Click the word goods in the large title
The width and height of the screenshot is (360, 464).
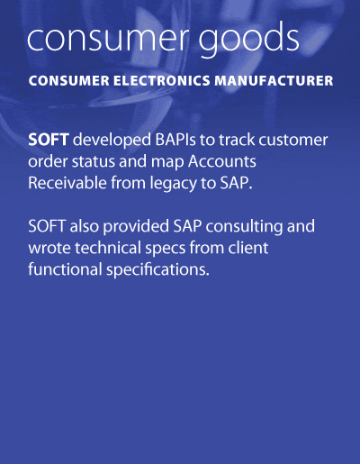[248, 39]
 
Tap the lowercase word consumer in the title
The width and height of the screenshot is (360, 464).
[109, 40]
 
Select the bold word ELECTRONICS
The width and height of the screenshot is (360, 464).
[162, 81]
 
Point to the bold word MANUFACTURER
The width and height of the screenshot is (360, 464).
[274, 81]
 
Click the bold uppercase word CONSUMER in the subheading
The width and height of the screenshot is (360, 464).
[69, 81]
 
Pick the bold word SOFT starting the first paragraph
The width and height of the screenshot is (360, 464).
[49, 140]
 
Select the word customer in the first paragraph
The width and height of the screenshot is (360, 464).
[293, 140]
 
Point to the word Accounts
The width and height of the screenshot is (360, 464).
[222, 161]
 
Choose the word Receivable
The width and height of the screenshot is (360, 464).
[67, 183]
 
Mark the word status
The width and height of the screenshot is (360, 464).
[94, 161]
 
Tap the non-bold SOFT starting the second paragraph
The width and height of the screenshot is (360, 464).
[47, 226]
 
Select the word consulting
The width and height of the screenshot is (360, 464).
[244, 227]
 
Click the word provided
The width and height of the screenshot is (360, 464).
[136, 227]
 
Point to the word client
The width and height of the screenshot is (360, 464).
[248, 248]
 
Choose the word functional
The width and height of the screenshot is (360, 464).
[65, 268]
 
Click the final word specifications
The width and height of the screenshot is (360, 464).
[157, 270]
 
